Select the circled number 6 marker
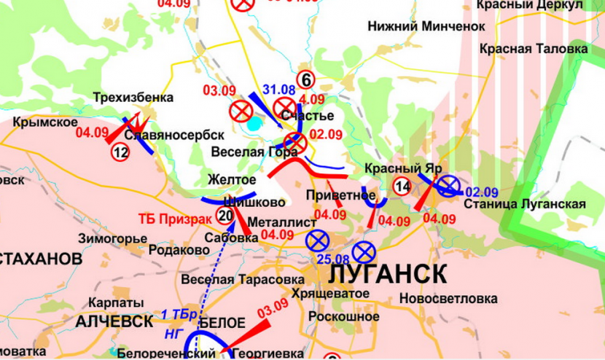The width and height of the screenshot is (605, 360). [x=305, y=79]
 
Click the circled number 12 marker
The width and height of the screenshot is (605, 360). [x=120, y=152]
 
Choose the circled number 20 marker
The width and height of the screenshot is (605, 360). [x=225, y=214]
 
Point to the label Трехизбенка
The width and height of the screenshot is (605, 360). [x=133, y=98]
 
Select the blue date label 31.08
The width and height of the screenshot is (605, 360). [x=279, y=90]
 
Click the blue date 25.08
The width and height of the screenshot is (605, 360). [x=332, y=259]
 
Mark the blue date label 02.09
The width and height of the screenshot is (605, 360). [x=481, y=192]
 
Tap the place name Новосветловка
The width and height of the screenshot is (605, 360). [x=448, y=299]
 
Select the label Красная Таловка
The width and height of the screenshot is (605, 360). [x=534, y=49]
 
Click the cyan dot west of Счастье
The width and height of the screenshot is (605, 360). [x=253, y=124]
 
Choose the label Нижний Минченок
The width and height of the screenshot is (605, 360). [x=426, y=26]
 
